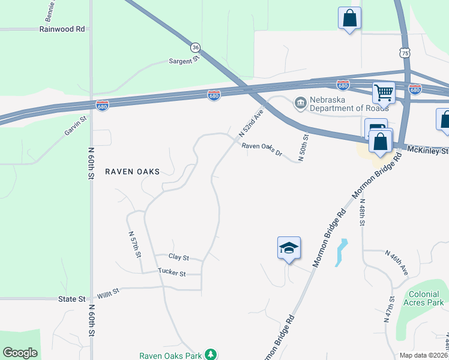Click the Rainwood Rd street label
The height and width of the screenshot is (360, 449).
click(x=62, y=29)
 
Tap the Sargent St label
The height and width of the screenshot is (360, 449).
click(x=184, y=61)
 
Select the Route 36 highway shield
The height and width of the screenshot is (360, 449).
click(x=195, y=47)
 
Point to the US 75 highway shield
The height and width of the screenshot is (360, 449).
click(x=406, y=53)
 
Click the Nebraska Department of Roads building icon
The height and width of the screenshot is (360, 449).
click(x=300, y=103)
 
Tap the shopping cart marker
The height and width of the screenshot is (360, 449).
click(x=383, y=93)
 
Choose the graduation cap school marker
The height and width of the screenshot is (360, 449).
click(x=289, y=248)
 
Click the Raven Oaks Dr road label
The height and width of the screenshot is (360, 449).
click(x=262, y=149)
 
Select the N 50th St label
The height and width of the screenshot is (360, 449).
click(x=304, y=145)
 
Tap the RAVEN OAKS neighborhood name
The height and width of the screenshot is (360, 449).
click(x=133, y=172)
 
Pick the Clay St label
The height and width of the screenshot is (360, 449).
click(x=179, y=257)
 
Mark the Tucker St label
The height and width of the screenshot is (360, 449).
click(x=172, y=273)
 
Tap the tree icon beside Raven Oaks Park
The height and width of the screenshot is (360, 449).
click(x=211, y=355)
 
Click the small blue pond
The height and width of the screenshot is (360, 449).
click(x=341, y=253)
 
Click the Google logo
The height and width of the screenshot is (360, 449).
click(x=20, y=353)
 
